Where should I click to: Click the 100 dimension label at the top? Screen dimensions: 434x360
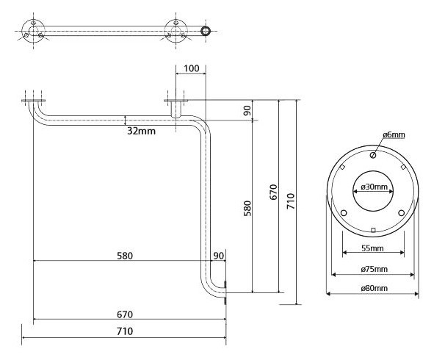point(191,68)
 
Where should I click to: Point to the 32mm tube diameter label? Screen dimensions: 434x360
point(142,131)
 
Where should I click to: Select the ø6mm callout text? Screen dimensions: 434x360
point(394,135)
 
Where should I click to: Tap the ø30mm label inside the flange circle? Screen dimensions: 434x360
point(373,187)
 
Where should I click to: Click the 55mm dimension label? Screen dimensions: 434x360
point(372,248)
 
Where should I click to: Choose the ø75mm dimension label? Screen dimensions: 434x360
point(375,269)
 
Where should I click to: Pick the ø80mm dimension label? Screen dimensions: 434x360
point(375,288)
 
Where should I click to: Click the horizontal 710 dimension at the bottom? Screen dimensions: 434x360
point(125,331)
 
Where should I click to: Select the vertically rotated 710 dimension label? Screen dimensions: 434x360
point(290,201)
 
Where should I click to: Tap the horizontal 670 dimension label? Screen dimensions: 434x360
point(125,314)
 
